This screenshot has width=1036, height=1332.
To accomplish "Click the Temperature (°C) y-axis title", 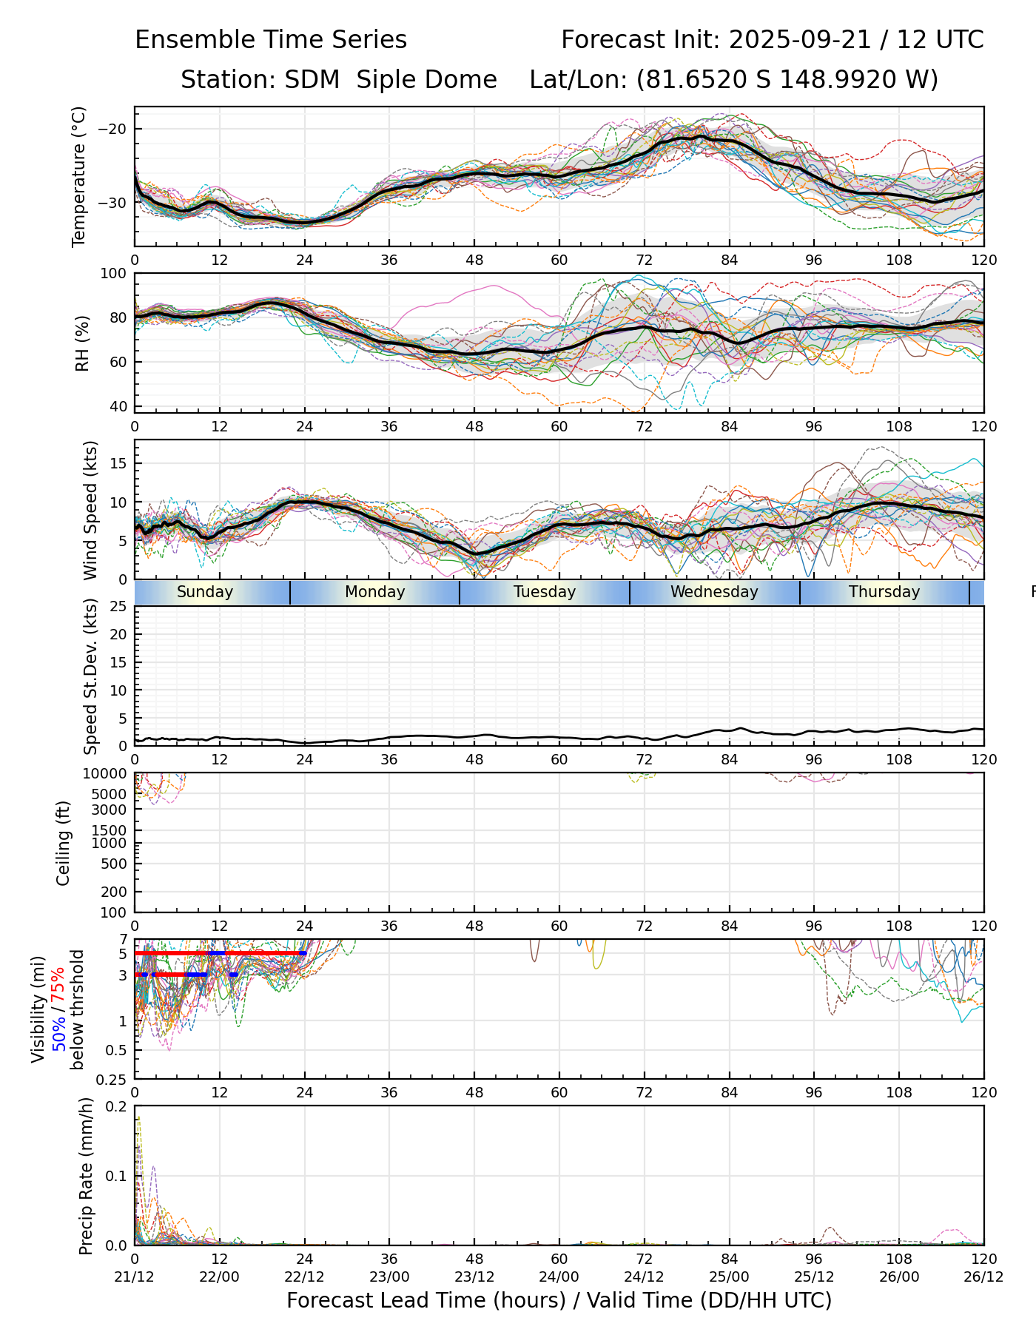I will click(x=79, y=176).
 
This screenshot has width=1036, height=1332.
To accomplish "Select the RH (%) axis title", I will click(x=82, y=343).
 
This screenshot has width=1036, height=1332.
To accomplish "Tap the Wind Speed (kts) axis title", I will click(x=90, y=510).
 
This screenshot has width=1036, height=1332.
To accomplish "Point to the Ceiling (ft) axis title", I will click(x=64, y=843).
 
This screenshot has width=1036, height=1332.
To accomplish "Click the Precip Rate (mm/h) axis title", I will click(x=87, y=1176).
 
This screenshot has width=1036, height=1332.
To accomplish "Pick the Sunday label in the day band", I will click(x=205, y=592).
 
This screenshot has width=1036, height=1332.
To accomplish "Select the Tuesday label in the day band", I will click(x=545, y=592).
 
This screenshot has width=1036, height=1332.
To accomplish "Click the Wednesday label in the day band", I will click(x=714, y=592).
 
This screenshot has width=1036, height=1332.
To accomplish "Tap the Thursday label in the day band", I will click(x=884, y=592).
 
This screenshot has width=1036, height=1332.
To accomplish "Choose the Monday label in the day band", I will click(x=375, y=592).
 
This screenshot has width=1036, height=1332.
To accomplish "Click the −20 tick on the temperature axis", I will click(x=112, y=129).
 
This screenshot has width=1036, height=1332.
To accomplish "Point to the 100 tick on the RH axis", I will click(x=114, y=274).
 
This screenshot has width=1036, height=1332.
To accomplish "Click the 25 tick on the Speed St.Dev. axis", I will click(x=118, y=607).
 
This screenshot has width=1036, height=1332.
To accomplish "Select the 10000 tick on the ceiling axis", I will click(x=107, y=774).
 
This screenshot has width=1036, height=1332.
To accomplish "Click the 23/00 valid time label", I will click(x=389, y=1276).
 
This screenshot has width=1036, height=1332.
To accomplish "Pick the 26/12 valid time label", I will click(x=983, y=1276).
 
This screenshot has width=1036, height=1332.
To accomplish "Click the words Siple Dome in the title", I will click(x=427, y=80).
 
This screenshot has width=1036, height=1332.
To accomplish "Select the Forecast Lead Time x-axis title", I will click(x=559, y=1300).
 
